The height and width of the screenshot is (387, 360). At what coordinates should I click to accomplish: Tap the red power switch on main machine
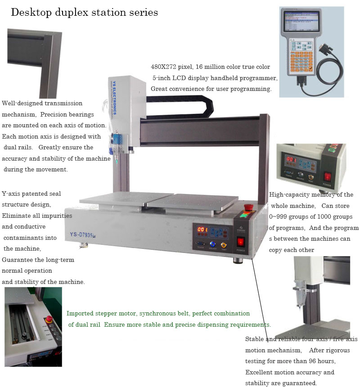(241, 242)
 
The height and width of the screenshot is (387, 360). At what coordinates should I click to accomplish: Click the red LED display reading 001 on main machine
(202, 229)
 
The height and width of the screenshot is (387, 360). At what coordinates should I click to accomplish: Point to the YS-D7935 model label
(81, 235)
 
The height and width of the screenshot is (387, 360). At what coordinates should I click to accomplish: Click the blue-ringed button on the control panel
(212, 244)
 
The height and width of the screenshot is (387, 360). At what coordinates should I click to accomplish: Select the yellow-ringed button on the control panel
(224, 245)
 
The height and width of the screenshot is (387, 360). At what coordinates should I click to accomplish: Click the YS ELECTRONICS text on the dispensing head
(114, 98)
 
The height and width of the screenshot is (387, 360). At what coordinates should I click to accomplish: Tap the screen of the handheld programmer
(301, 21)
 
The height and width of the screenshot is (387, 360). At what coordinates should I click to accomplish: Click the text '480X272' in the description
(163, 67)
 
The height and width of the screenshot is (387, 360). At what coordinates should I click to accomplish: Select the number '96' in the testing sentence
(312, 361)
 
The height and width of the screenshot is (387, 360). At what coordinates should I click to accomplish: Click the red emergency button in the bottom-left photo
(49, 319)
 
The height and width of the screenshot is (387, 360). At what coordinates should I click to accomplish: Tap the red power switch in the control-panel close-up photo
(328, 176)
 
